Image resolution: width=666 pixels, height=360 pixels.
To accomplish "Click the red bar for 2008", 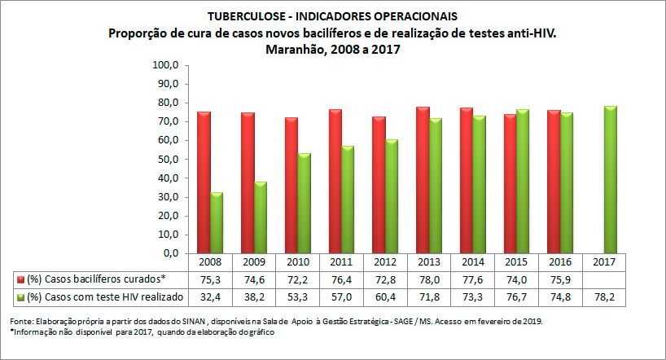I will coord(204,182).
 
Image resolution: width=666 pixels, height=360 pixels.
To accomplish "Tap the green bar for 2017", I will coord(611,179).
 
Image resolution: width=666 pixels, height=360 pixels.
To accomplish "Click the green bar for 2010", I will coord(305,203).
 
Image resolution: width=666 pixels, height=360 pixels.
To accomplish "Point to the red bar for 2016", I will coord(554,182).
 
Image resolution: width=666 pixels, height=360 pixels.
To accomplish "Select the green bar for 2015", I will coord(524,181).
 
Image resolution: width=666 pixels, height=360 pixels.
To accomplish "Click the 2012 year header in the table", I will coord(385,263).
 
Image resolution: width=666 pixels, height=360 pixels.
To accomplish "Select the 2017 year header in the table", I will coord(604,263).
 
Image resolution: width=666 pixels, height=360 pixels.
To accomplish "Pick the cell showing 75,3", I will coord(210,279).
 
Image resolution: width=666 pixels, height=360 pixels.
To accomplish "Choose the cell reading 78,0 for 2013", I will coord(429,279).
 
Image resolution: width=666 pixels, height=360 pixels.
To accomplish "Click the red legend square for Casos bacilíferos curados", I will coord(20,279).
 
